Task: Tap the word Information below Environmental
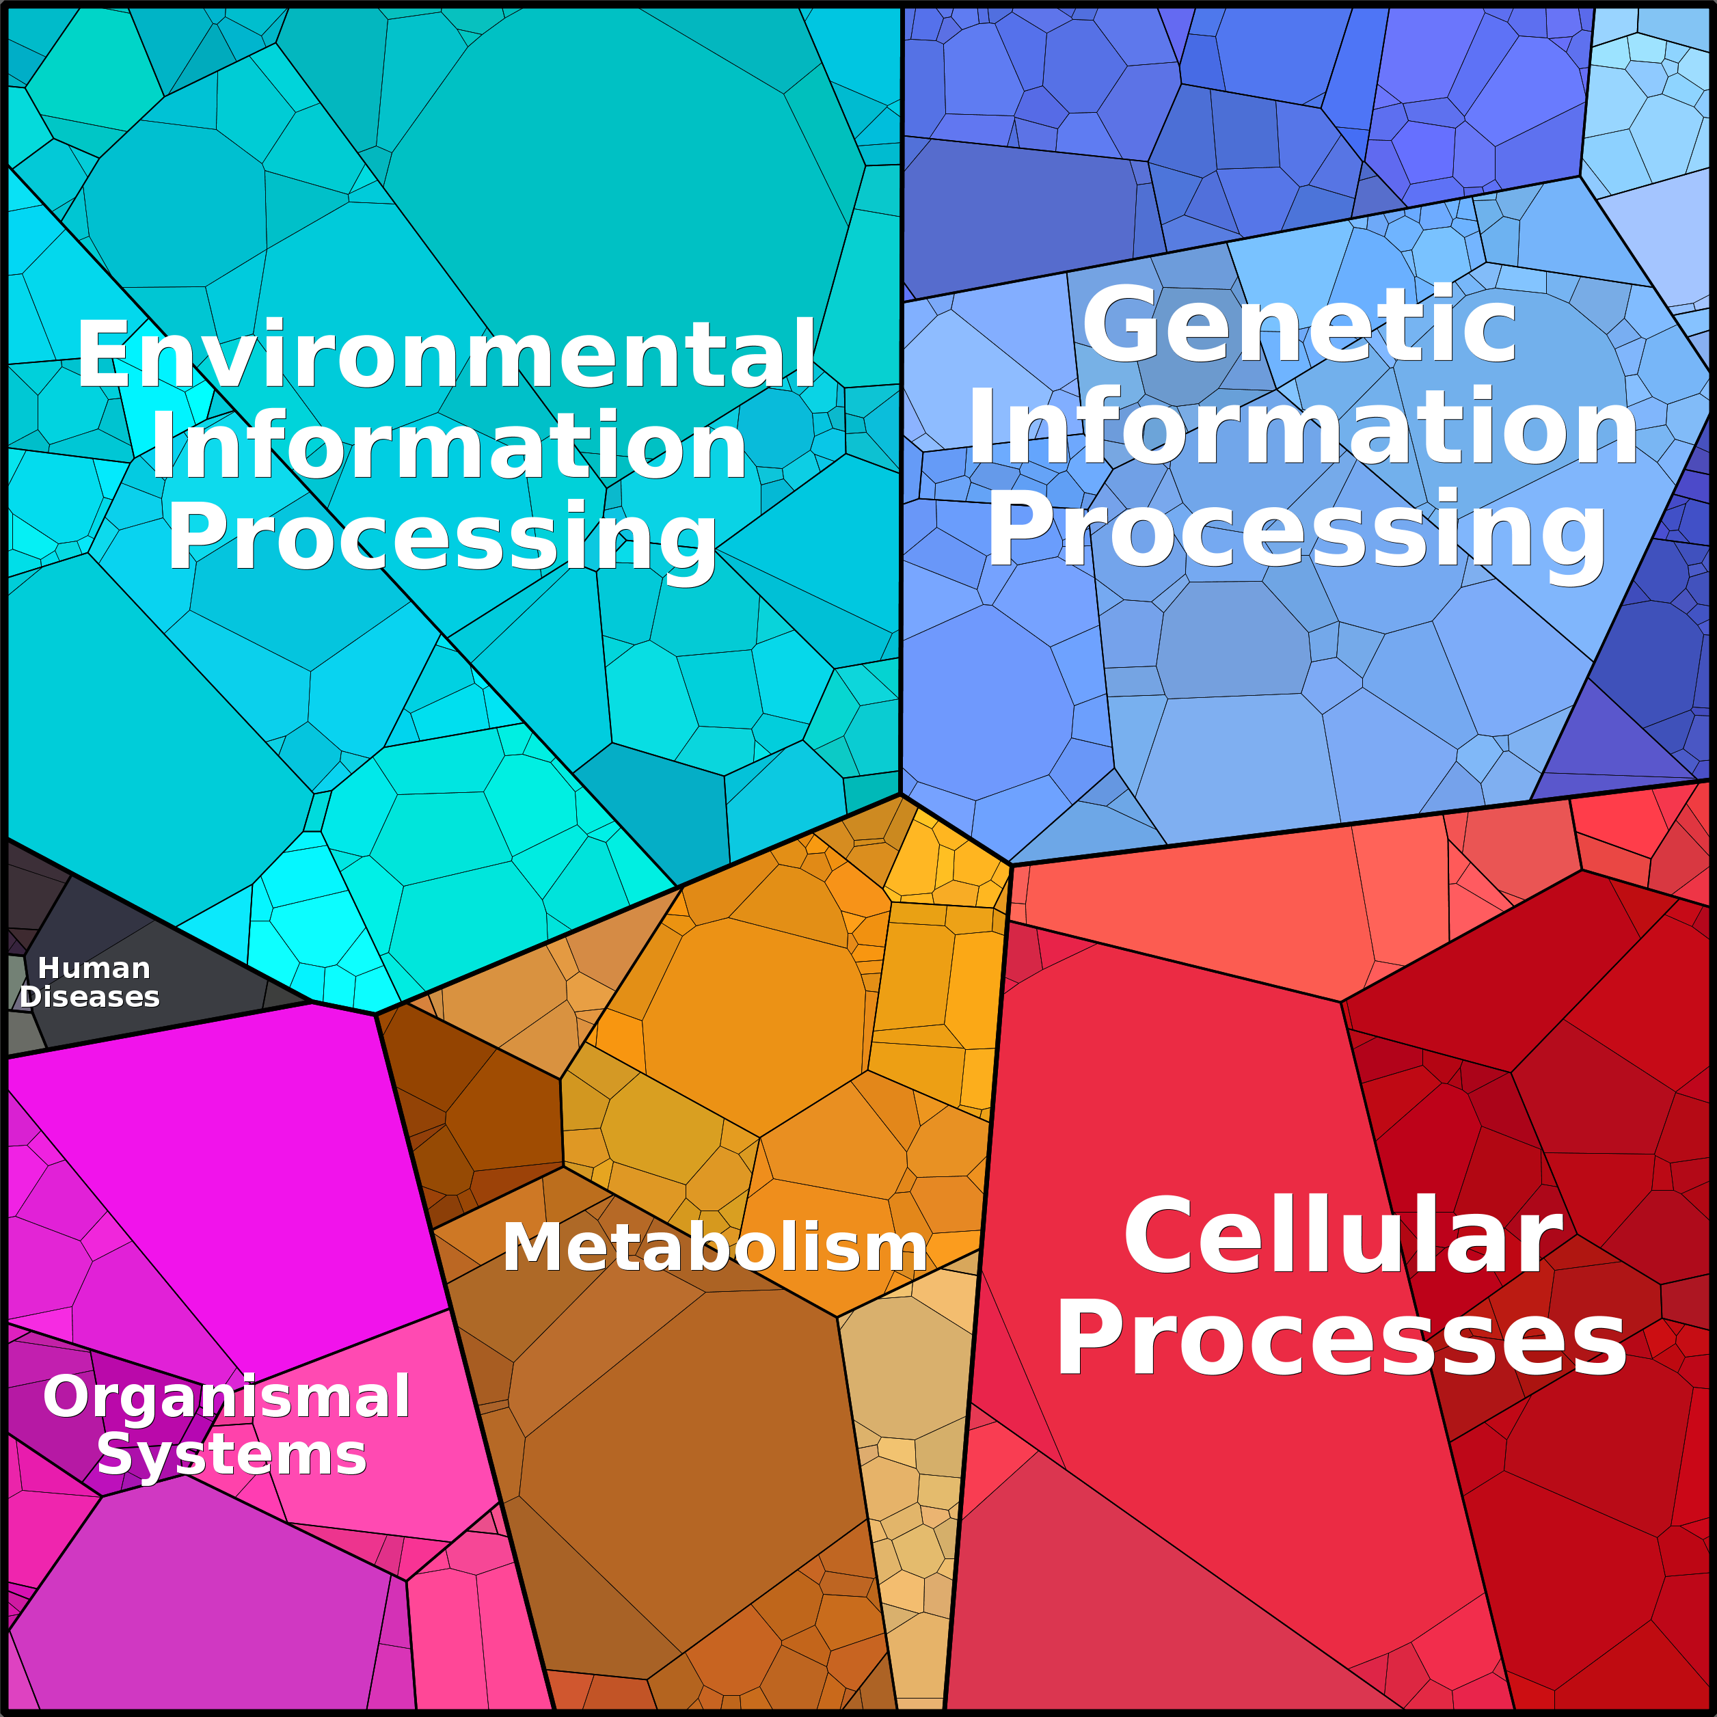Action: pos(449,447)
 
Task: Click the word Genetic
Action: pos(1299,327)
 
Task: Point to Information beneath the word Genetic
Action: pos(1302,429)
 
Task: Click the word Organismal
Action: pos(227,1396)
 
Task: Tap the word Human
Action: pos(94,968)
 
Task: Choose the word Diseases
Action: pos(90,997)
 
